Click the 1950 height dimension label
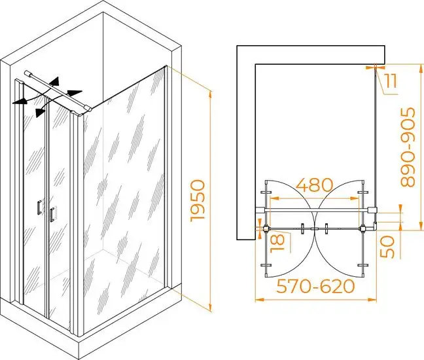(198, 200)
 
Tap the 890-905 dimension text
(408, 147)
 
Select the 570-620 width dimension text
(315, 286)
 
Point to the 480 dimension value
(315, 185)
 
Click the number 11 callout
(391, 81)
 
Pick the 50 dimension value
(387, 246)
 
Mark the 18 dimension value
(278, 242)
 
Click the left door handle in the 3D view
(39, 207)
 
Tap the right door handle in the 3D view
(52, 215)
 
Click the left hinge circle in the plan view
(266, 229)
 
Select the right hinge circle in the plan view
(362, 229)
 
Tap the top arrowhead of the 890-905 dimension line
(420, 69)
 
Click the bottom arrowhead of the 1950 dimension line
(210, 307)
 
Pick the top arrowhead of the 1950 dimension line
(210, 96)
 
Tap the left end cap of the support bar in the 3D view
(27, 73)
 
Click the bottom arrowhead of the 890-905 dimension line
(420, 226)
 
